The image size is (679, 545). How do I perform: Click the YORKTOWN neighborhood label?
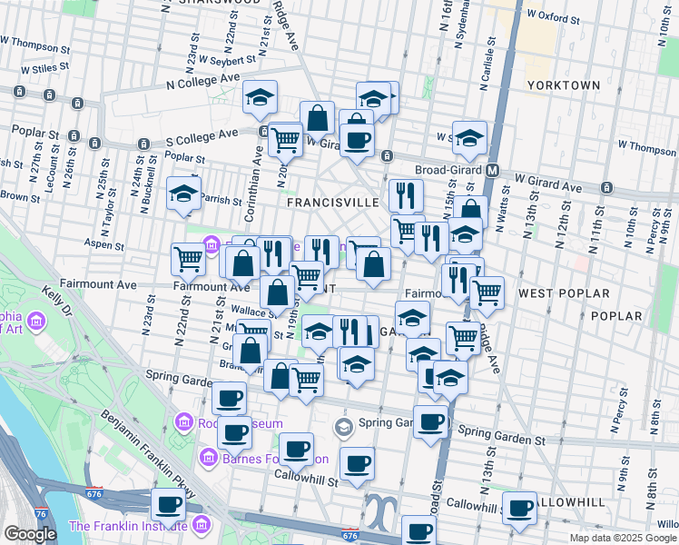[x=563, y=85]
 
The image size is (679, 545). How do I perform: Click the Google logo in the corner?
[x=30, y=534]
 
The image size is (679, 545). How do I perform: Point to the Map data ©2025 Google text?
[x=624, y=538]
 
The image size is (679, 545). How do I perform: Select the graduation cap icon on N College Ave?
[x=260, y=98]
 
